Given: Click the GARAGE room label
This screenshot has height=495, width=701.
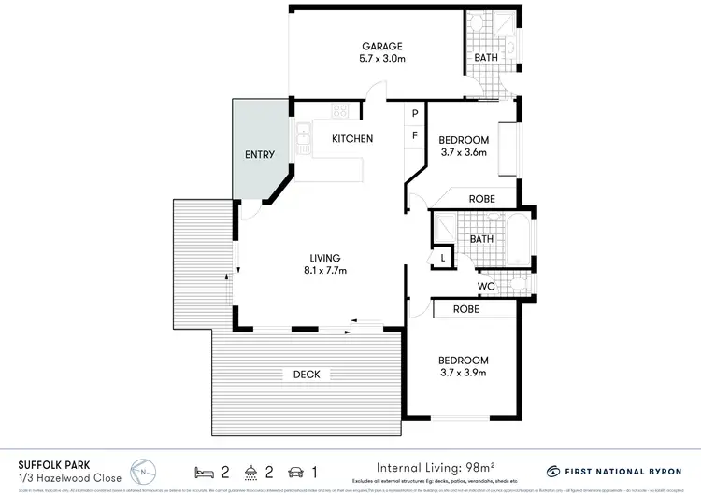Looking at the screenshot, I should click(x=381, y=46).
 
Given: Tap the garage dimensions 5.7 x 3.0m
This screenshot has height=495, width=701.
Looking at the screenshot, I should click(x=381, y=59).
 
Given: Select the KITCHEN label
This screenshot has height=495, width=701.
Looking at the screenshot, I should click(x=352, y=139).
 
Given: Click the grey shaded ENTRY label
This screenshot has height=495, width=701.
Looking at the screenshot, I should click(x=261, y=154).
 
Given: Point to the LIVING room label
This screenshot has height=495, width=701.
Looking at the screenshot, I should click(x=324, y=258).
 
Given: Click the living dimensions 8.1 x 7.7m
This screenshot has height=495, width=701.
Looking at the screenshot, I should click(x=324, y=271).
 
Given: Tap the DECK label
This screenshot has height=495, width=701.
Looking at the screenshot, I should click(x=307, y=375).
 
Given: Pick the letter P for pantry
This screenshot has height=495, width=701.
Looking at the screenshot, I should click(x=415, y=115).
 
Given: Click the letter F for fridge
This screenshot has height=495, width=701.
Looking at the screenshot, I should click(x=415, y=136).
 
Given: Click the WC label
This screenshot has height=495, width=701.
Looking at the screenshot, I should click(x=485, y=286).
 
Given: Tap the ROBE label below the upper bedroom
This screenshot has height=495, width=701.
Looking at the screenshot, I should click(x=481, y=199).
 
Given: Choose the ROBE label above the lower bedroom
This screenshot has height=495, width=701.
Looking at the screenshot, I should click(x=466, y=308).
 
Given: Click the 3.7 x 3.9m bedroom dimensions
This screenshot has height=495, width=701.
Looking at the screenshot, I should click(x=463, y=374).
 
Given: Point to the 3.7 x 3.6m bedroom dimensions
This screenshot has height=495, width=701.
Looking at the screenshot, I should click(x=463, y=153).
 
